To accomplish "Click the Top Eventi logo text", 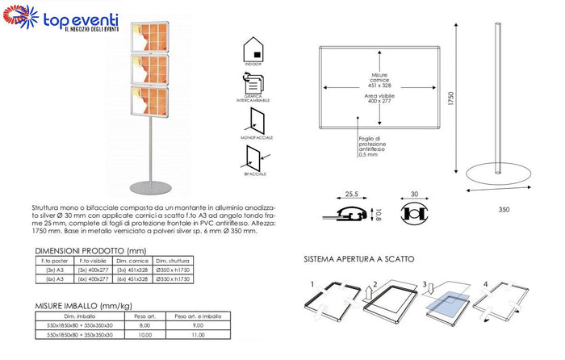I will (81, 18).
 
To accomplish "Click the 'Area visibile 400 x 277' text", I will (379, 99).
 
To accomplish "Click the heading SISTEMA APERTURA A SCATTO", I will (359, 260).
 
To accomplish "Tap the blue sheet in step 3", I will (448, 299).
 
